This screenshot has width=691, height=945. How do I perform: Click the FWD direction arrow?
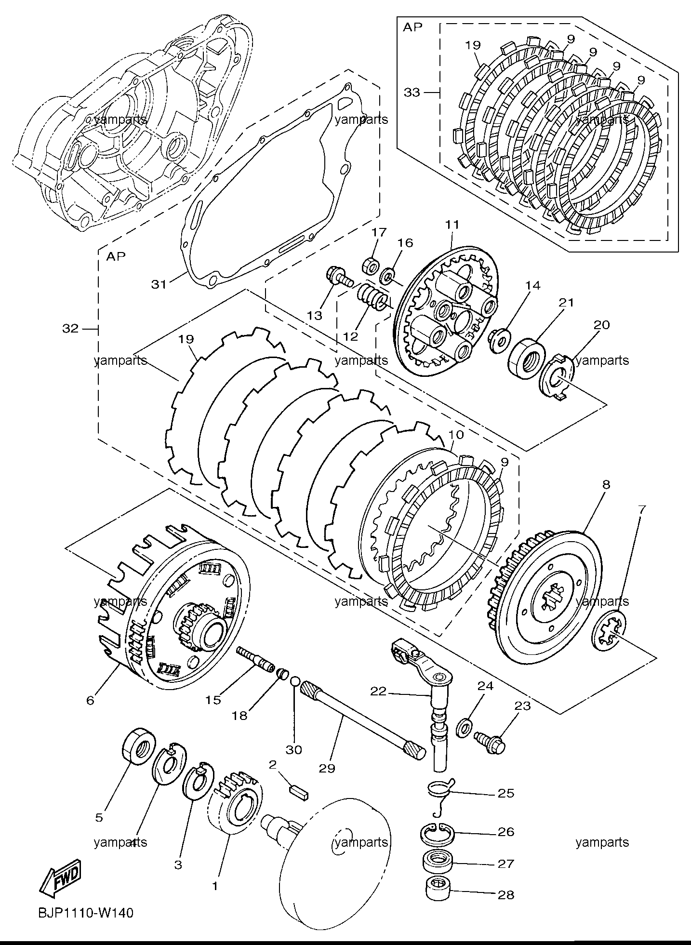pyautogui.click(x=60, y=873)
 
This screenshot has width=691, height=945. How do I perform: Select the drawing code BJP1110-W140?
pyautogui.click(x=84, y=913)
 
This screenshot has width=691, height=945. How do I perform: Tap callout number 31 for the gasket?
pyautogui.click(x=159, y=284)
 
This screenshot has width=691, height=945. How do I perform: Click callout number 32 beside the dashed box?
pyautogui.click(x=70, y=329)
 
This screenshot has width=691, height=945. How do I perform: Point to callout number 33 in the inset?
pyautogui.click(x=412, y=92)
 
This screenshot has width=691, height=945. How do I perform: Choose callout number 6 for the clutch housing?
pyautogui.click(x=91, y=700)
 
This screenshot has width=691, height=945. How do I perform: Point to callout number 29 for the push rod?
pyautogui.click(x=327, y=768)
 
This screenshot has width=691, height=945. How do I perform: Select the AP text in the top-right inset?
pyautogui.click(x=412, y=27)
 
